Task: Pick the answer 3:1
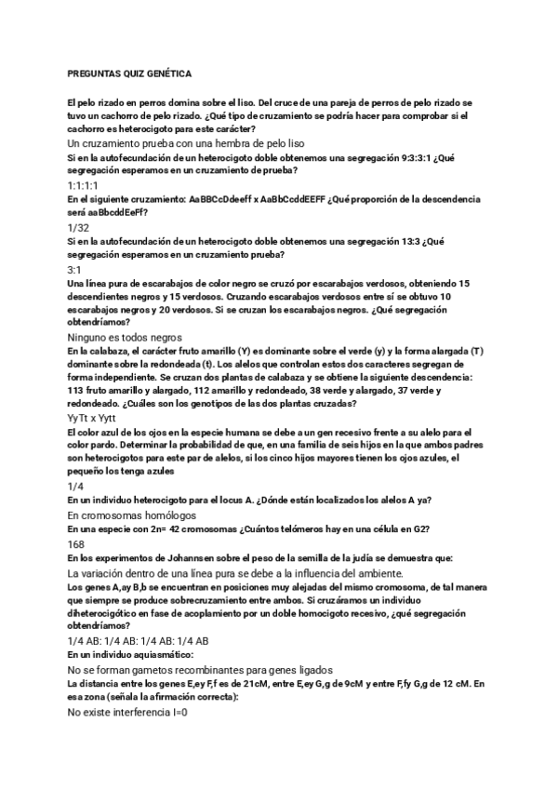tap(75, 268)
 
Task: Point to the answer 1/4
tap(75, 486)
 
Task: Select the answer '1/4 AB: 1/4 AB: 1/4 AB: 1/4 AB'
tap(139, 641)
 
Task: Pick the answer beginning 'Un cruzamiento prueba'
tap(187, 144)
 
